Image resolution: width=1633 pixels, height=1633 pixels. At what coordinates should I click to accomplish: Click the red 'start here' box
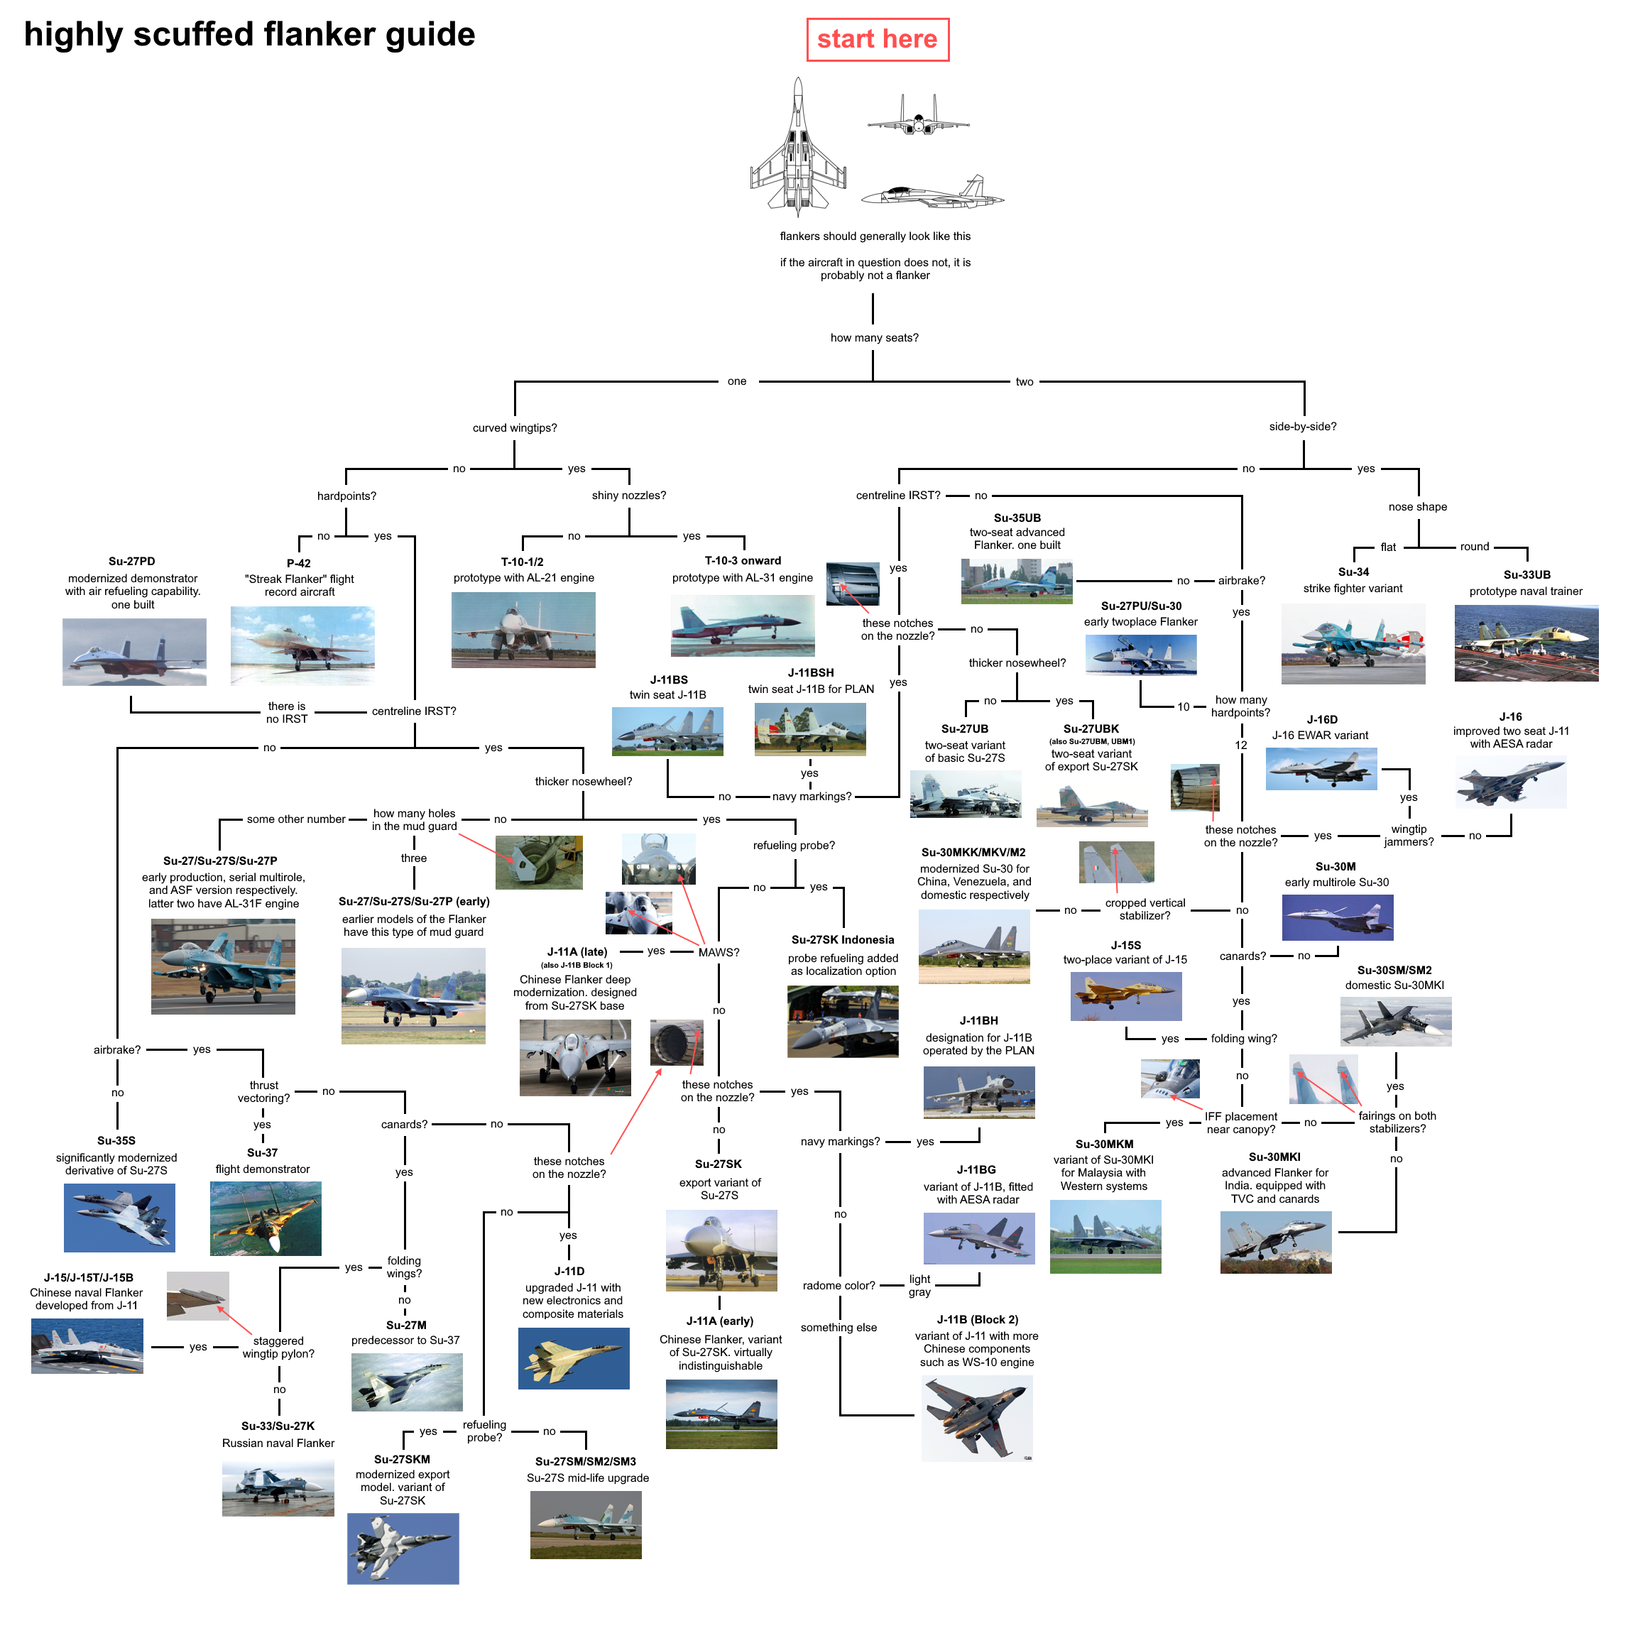877,40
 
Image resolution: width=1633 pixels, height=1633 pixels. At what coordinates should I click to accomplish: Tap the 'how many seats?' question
874,337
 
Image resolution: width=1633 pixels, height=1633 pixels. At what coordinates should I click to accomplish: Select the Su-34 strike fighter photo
1353,643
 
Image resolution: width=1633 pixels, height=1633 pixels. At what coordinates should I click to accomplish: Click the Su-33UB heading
1526,575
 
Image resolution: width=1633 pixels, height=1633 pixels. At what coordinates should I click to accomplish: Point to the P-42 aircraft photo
302,645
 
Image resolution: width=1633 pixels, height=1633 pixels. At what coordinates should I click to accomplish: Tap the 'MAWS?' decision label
719,953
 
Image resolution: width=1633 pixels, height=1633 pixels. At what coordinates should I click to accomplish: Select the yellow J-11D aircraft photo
573,1358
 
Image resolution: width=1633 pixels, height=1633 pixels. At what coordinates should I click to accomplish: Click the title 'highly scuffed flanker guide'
249,35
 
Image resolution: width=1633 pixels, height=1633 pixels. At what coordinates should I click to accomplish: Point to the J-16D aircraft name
1322,719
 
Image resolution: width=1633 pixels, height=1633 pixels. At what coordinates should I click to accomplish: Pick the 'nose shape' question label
1417,507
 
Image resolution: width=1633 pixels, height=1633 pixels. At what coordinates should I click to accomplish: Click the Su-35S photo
119,1217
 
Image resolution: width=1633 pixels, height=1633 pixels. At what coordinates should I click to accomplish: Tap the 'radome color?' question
839,1286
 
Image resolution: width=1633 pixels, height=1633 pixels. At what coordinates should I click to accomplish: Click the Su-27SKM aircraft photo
403,1548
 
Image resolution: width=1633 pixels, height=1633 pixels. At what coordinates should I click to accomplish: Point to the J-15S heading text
1125,945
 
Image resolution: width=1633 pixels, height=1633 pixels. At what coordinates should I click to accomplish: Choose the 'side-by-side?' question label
1303,427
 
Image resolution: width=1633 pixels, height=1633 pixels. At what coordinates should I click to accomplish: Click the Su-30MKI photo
1275,1242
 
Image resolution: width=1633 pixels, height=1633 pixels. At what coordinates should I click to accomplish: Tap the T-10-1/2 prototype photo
523,630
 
